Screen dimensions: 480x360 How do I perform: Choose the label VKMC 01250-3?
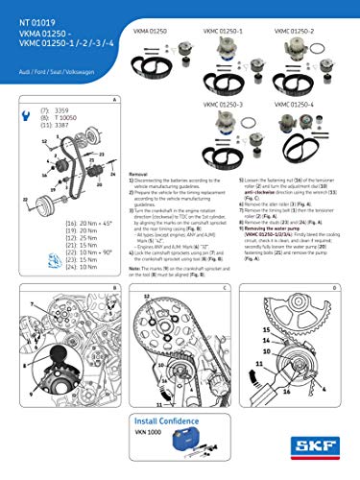[223, 103]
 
